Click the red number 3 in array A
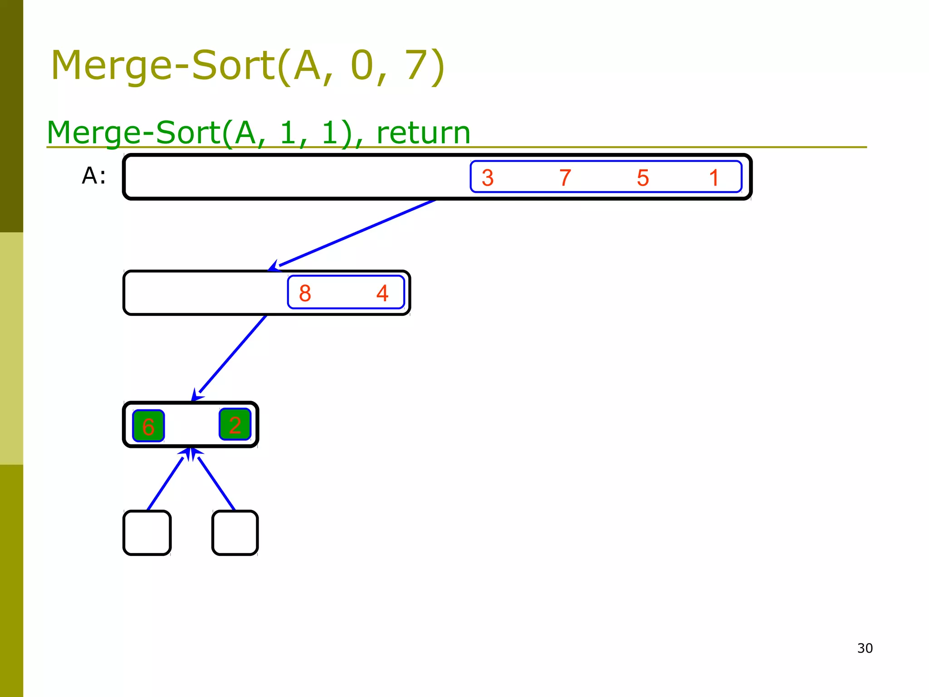click(488, 178)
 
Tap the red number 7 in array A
click(565, 178)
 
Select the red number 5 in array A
click(643, 178)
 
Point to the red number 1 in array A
click(714, 178)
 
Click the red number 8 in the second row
click(305, 293)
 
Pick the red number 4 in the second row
click(382, 293)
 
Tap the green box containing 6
click(148, 426)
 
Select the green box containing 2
click(235, 425)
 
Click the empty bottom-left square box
click(147, 533)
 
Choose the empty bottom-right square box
click(235, 533)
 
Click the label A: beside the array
click(94, 176)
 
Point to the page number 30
click(865, 648)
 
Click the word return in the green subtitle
click(423, 133)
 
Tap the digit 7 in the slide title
click(418, 66)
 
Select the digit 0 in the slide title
click(362, 66)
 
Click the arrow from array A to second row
click(354, 234)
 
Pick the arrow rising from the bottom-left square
click(166, 483)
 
